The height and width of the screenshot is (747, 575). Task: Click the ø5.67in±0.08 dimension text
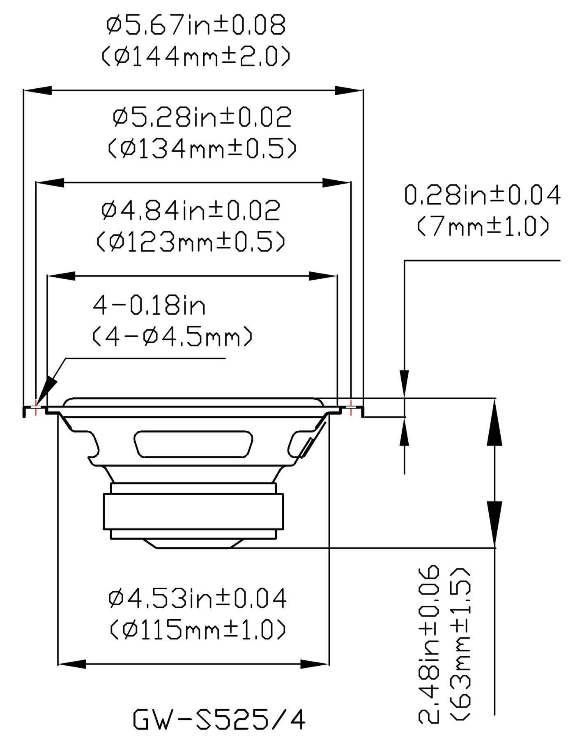tap(195, 26)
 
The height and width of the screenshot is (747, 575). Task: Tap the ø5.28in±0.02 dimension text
tap(202, 117)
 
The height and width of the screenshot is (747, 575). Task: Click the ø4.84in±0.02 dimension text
tap(191, 211)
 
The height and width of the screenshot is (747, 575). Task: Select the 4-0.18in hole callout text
tap(149, 306)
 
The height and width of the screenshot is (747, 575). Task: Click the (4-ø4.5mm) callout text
tap(172, 337)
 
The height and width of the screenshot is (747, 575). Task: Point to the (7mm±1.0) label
tap(483, 226)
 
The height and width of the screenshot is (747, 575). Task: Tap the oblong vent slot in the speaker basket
tap(193, 444)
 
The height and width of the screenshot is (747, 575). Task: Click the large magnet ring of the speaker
tap(193, 512)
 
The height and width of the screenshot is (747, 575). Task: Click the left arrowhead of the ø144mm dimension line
tap(38, 91)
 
